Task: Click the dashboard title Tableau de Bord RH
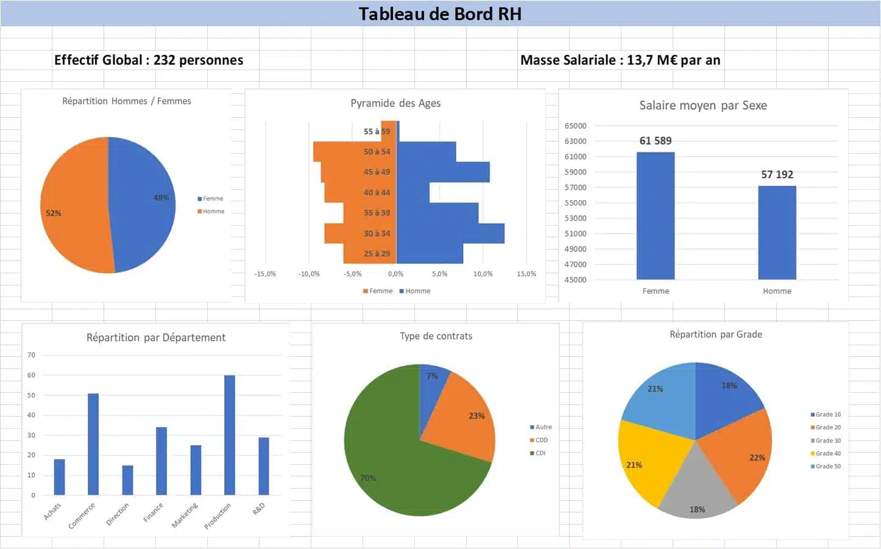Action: tap(440, 13)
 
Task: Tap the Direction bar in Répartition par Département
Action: tap(127, 480)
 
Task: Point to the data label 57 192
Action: tap(777, 174)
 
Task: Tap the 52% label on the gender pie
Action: tap(54, 213)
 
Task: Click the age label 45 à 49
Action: tap(377, 172)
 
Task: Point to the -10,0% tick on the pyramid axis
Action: tap(309, 274)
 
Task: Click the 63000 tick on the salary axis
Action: tap(575, 141)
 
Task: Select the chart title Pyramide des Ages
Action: tap(395, 103)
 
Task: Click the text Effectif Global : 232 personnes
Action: tap(149, 60)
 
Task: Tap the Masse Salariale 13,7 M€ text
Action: tap(620, 60)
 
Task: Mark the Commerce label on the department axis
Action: tap(82, 515)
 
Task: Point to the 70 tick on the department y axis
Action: tap(32, 355)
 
